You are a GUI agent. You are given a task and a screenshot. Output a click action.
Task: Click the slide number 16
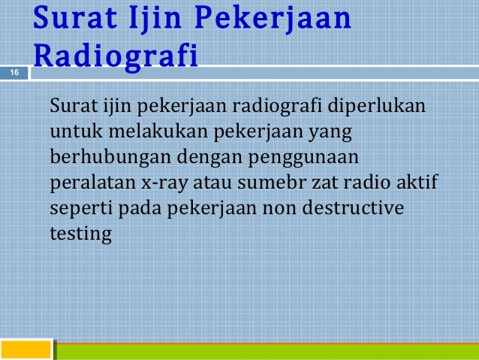[14, 72]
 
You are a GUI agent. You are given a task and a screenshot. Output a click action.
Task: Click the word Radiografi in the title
[116, 56]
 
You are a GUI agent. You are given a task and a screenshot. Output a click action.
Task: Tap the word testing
[80, 234]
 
